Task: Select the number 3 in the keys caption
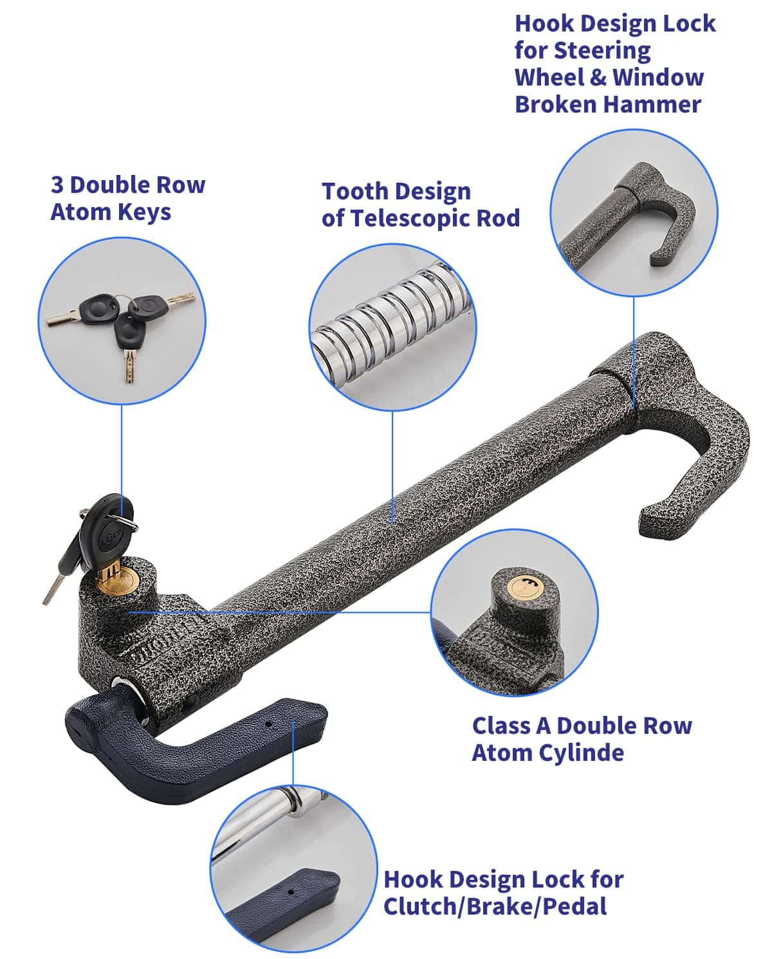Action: tap(57, 185)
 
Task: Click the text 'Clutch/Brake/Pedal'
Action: tap(495, 907)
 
